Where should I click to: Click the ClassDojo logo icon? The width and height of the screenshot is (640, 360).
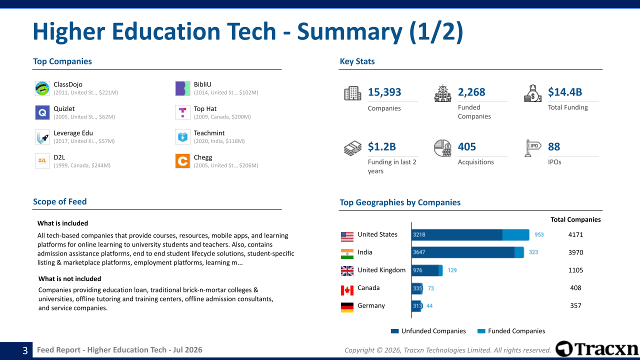click(42, 88)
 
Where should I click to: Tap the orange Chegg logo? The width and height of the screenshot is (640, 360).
click(182, 161)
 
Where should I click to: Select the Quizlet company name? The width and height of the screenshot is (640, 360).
click(64, 109)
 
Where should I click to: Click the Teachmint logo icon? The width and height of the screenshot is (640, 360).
click(182, 137)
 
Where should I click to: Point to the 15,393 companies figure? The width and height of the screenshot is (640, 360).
click(384, 92)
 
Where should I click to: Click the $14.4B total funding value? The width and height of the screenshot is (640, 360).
click(565, 92)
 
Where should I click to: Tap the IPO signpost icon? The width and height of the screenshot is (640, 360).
click(532, 148)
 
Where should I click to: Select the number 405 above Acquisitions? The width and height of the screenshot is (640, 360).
click(467, 146)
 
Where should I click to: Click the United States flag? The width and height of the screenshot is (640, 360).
click(347, 237)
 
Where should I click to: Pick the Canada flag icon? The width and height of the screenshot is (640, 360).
click(347, 290)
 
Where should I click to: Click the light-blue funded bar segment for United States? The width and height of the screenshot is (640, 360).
click(515, 234)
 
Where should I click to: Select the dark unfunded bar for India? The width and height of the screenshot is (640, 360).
click(463, 252)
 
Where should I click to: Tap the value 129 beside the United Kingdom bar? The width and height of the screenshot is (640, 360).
click(452, 270)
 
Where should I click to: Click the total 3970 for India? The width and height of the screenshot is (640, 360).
click(575, 252)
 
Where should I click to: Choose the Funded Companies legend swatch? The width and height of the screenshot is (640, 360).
click(481, 331)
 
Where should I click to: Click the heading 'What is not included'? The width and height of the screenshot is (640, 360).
click(69, 279)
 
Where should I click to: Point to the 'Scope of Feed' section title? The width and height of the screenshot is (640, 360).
click(59, 201)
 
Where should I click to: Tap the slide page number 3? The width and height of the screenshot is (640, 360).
click(25, 350)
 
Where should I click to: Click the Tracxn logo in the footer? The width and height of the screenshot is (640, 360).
click(597, 349)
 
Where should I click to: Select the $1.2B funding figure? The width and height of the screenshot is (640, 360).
click(381, 146)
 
